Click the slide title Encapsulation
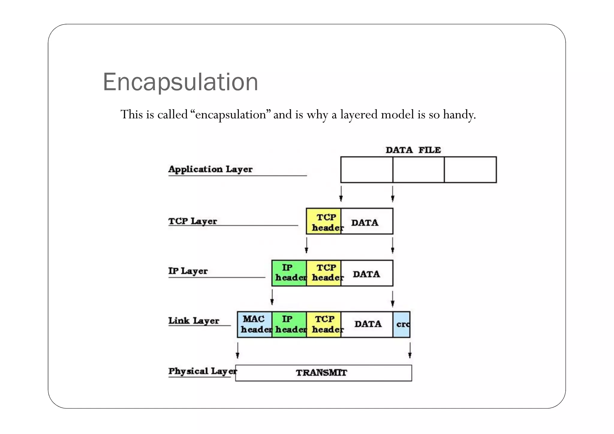point(180,82)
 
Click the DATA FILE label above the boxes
point(413,150)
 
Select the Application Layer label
point(210,169)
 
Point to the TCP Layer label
point(192,221)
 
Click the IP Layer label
point(188,271)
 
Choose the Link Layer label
point(194,321)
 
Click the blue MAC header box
point(255,324)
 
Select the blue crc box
point(402,324)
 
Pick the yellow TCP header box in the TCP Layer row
point(324,221)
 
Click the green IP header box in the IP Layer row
point(289,273)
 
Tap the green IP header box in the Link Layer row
point(289,324)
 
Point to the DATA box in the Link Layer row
point(367,324)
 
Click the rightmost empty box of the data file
point(470,170)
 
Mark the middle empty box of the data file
point(418,170)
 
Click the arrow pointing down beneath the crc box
point(410,351)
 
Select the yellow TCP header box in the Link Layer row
point(324,324)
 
